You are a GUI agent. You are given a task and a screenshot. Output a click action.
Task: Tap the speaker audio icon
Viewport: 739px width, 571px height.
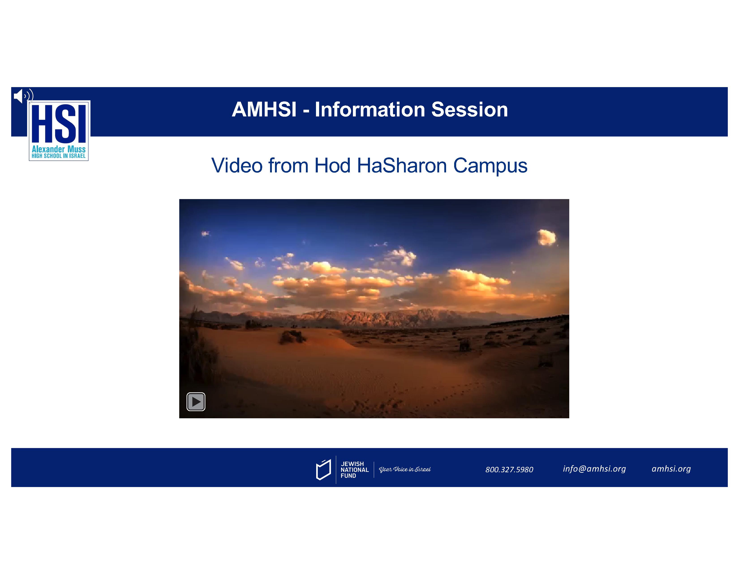coord(23,96)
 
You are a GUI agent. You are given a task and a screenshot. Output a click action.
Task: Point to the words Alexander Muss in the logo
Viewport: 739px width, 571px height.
coord(58,149)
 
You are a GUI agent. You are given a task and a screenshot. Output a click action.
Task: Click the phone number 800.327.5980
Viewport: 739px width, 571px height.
coord(509,470)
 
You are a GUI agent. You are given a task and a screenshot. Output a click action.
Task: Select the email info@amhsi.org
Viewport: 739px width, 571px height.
coord(594,469)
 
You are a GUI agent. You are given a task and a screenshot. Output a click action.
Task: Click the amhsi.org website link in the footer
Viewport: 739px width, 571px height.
coord(671,469)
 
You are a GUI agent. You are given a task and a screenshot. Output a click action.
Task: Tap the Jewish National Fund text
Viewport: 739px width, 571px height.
coord(354,470)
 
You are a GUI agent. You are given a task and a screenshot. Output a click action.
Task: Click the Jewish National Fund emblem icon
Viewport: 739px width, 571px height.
coord(323,470)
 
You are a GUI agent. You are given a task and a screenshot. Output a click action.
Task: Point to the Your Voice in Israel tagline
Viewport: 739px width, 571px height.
coord(405,470)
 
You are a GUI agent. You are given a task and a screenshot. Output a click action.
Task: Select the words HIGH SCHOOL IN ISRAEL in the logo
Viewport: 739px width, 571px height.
coord(58,156)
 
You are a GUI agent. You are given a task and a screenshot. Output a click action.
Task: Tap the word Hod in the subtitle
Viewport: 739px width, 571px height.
coord(332,165)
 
